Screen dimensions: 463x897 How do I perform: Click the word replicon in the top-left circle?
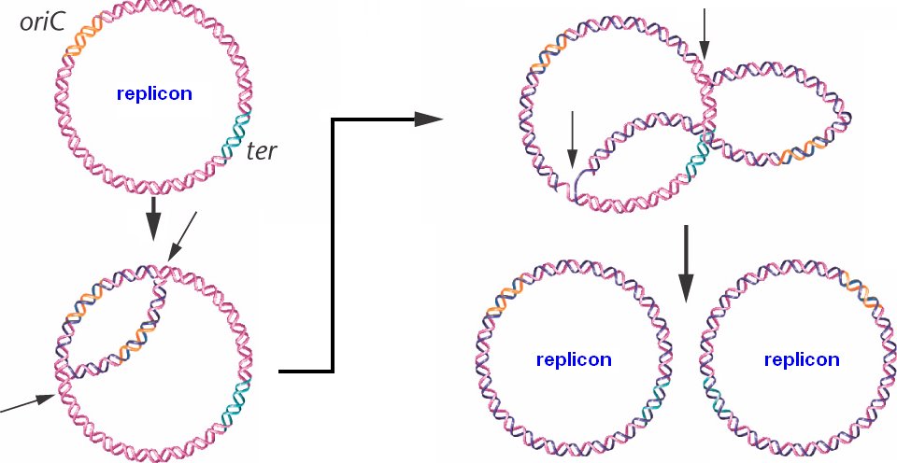click(x=154, y=94)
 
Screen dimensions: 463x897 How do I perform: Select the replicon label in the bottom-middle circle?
click(x=574, y=358)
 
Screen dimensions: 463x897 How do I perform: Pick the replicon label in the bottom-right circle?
click(x=801, y=358)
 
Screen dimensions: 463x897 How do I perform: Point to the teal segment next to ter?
click(x=235, y=136)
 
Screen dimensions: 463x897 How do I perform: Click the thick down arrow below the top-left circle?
click(x=154, y=219)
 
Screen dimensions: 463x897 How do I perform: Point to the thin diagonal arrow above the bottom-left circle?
click(x=182, y=237)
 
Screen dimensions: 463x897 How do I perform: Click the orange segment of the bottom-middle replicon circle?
click(x=505, y=298)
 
